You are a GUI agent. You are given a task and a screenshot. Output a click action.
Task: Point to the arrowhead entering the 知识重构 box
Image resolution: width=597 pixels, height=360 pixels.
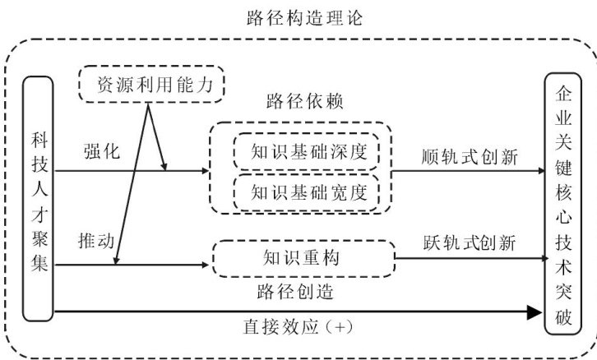coord(206,264)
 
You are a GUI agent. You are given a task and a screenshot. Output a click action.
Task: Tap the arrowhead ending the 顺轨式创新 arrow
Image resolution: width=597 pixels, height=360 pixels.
coord(539,172)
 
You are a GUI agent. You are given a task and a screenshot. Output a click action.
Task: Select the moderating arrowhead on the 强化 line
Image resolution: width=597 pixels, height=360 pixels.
coord(166,168)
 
